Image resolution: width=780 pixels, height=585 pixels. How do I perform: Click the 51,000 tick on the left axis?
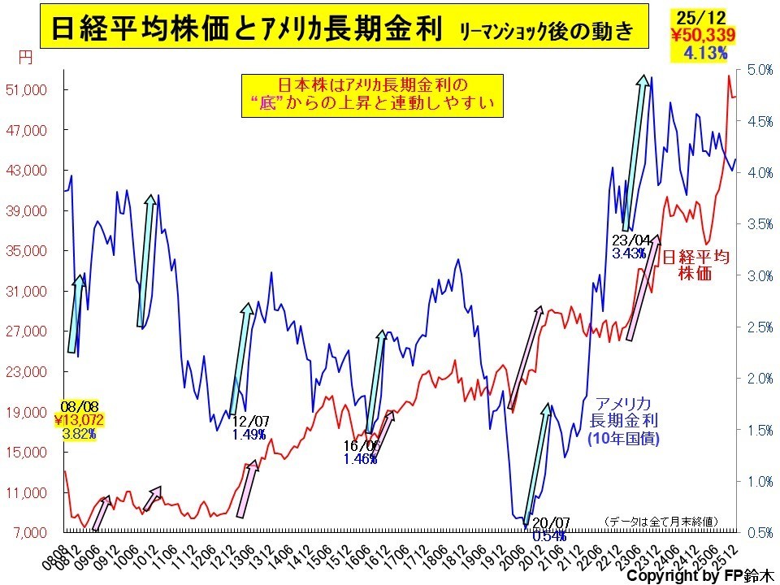click(x=32, y=90)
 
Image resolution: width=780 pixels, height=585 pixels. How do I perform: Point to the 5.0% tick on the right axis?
click(x=759, y=70)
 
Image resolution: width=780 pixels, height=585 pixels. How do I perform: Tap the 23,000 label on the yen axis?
click(x=32, y=372)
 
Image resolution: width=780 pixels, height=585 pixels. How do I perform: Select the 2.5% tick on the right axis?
click(x=759, y=327)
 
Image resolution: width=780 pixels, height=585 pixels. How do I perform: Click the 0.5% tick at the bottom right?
click(x=759, y=533)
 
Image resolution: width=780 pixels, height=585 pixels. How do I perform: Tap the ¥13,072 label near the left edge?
click(x=79, y=419)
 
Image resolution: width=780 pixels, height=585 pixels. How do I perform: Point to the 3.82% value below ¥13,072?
click(x=78, y=434)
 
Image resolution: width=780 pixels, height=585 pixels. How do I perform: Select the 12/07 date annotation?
click(x=250, y=421)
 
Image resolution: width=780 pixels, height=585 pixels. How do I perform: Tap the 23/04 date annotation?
click(x=632, y=240)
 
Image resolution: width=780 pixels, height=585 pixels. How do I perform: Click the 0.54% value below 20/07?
click(x=549, y=535)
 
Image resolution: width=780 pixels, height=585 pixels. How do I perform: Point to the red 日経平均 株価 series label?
click(x=695, y=266)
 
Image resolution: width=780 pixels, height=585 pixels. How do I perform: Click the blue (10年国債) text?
click(x=623, y=438)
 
